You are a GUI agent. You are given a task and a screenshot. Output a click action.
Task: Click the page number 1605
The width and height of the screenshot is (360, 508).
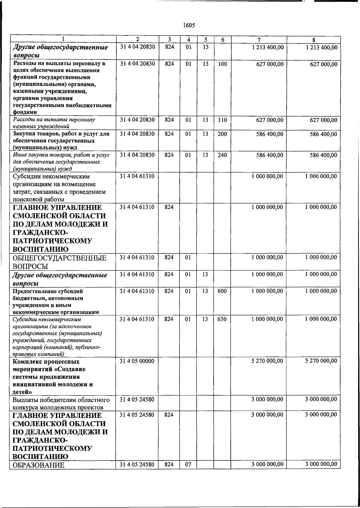[189, 25]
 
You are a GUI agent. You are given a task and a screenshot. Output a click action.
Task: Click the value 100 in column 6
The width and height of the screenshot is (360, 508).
[222, 64]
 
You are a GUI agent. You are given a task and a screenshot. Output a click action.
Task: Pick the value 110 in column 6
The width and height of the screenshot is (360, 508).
[222, 120]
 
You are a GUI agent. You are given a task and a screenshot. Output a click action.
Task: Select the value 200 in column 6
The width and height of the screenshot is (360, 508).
[222, 134]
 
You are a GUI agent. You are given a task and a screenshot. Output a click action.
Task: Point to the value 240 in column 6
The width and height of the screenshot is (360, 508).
[222, 155]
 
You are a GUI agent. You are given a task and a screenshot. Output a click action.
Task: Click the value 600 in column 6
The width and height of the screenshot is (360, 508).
[222, 291]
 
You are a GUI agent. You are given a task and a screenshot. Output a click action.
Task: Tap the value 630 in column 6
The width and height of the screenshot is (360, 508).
[222, 319]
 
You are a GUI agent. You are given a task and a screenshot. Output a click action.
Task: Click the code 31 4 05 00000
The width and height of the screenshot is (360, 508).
[137, 361]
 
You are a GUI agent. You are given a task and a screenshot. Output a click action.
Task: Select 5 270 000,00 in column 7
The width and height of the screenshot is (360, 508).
[267, 361]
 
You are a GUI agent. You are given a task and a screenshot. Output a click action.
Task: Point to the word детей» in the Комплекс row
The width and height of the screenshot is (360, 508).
[22, 392]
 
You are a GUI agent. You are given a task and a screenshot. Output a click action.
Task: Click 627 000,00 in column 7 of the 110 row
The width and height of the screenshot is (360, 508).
[269, 120]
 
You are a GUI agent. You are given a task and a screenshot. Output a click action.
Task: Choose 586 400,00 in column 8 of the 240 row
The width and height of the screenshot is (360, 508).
[323, 155]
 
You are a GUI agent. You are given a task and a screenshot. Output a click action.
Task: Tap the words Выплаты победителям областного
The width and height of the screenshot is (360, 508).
[61, 400]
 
